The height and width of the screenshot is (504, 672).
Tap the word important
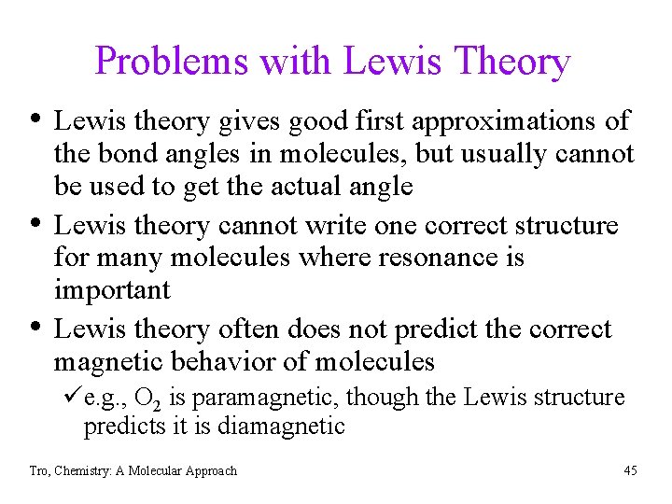pos(112,290)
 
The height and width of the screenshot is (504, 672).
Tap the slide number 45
pos(630,470)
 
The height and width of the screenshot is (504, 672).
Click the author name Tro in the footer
pos(37,470)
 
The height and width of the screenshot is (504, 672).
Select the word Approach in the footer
pos(209,470)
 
